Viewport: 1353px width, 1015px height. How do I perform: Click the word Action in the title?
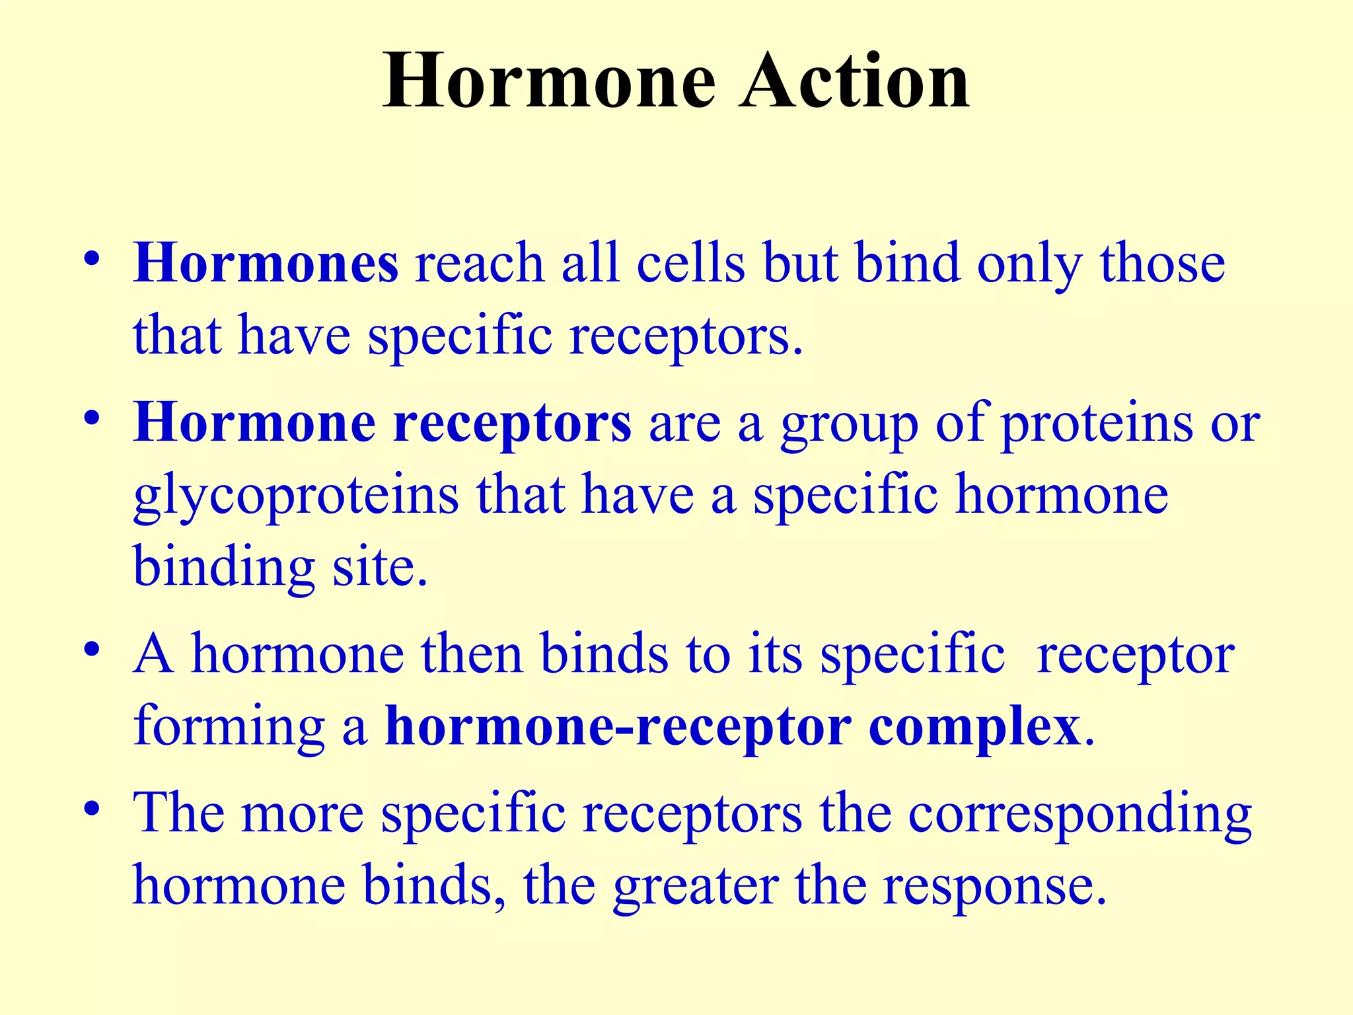tap(854, 82)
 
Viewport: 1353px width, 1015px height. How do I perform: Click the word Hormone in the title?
tap(549, 82)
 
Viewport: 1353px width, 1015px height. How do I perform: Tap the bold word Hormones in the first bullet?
tap(266, 263)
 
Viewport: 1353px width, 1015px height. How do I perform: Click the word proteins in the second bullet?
tap(1097, 424)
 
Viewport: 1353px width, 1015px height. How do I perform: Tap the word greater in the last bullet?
tap(695, 887)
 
